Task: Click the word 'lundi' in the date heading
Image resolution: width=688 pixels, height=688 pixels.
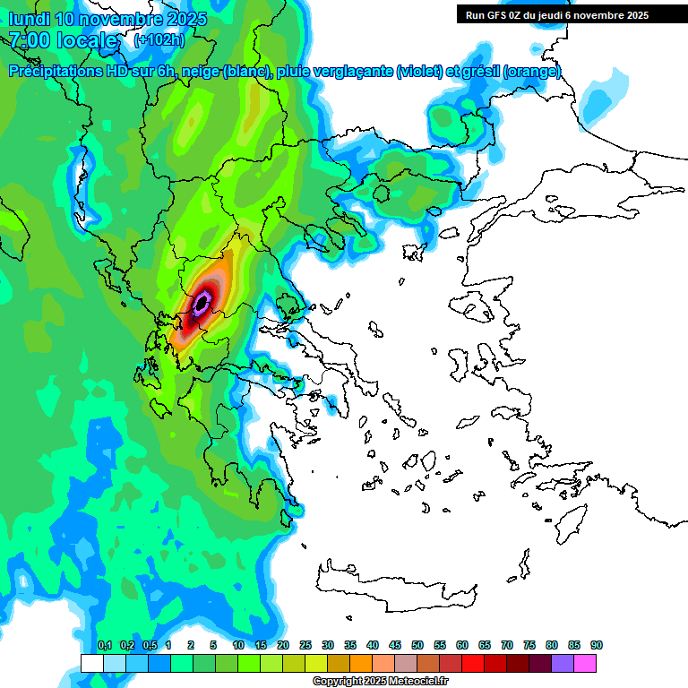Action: point(29,19)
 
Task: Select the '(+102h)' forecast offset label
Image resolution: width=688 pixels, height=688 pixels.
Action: point(159,40)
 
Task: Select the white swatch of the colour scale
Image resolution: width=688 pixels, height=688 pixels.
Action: point(91,663)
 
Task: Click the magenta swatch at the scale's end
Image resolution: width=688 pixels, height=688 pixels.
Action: point(585,663)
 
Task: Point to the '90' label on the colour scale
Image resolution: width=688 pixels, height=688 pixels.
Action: point(596,645)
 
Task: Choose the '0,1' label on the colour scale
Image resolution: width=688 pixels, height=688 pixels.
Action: point(104,645)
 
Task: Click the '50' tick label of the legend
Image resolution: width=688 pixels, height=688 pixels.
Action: point(417,645)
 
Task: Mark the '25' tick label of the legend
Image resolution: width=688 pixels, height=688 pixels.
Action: point(305,645)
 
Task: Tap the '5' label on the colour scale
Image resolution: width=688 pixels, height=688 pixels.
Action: point(213,645)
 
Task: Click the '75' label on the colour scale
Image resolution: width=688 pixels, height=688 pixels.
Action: point(529,645)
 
